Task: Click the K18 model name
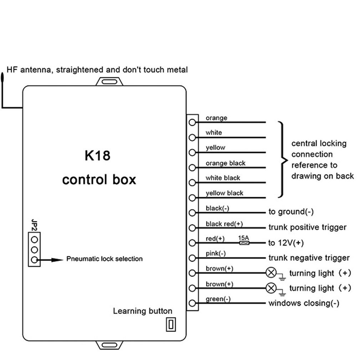pyautogui.click(x=97, y=156)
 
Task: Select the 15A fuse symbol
pyautogui.click(x=244, y=242)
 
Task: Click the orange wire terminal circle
pyautogui.click(x=192, y=122)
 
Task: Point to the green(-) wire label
pyautogui.click(x=218, y=299)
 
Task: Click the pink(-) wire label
pyautogui.click(x=216, y=254)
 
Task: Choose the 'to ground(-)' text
pyautogui.click(x=291, y=212)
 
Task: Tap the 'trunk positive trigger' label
pyautogui.click(x=307, y=227)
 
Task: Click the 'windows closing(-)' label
pyautogui.click(x=304, y=303)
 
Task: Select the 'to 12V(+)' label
pyautogui.click(x=286, y=243)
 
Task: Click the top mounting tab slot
pyautogui.click(x=109, y=82)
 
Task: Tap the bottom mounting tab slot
pyautogui.click(x=109, y=345)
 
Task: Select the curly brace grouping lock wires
pyautogui.click(x=283, y=160)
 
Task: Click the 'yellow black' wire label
pyautogui.click(x=224, y=193)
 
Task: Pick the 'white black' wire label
pyautogui.click(x=223, y=178)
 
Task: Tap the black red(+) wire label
pyautogui.click(x=224, y=223)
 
